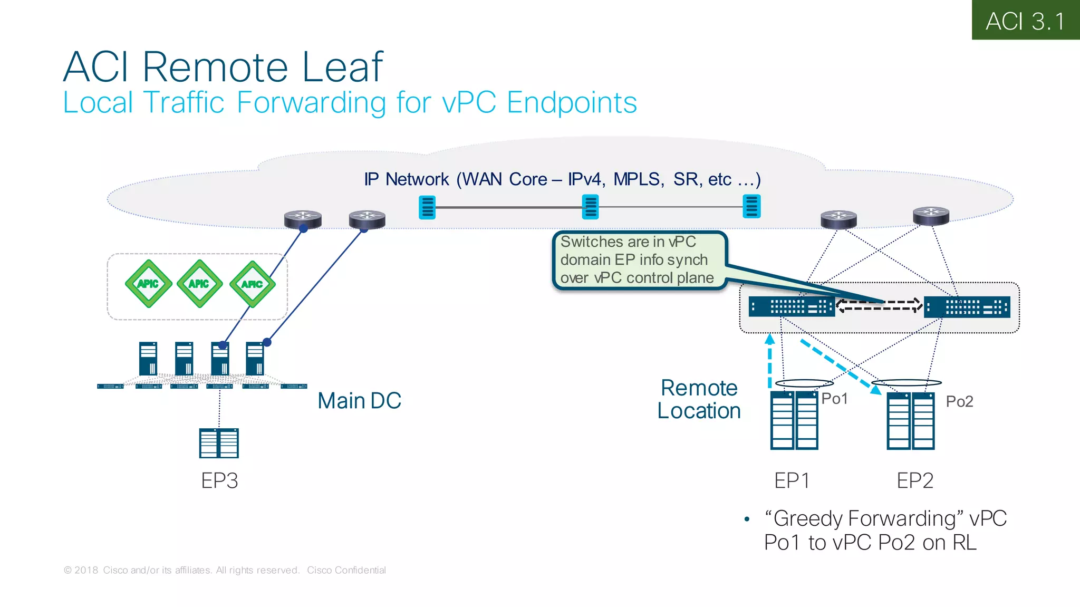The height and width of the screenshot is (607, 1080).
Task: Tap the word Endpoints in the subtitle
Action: click(x=572, y=102)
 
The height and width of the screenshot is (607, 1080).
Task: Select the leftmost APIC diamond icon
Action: click(x=149, y=284)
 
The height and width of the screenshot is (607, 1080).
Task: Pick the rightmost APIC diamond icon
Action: click(x=253, y=284)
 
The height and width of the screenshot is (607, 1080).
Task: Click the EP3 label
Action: click(x=219, y=480)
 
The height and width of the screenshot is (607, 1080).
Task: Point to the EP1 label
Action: click(x=791, y=480)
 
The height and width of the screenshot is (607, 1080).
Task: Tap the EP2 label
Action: click(x=915, y=480)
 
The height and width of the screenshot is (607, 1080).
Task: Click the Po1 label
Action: click(x=834, y=399)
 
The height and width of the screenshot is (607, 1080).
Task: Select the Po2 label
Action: click(x=959, y=401)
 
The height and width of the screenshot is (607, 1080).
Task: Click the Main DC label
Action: click(x=359, y=401)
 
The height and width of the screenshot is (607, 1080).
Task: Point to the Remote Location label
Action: click(x=699, y=399)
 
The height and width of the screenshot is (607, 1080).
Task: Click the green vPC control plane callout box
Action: click(x=638, y=260)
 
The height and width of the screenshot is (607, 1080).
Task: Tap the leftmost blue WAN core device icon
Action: click(x=427, y=207)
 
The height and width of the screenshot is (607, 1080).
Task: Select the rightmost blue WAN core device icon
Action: click(x=751, y=206)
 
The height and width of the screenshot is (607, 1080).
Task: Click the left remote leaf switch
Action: click(x=791, y=307)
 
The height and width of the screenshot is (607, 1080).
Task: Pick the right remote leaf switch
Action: click(x=967, y=307)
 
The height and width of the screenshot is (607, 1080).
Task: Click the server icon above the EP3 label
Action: click(x=219, y=443)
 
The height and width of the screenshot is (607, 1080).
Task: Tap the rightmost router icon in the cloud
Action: click(x=931, y=216)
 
